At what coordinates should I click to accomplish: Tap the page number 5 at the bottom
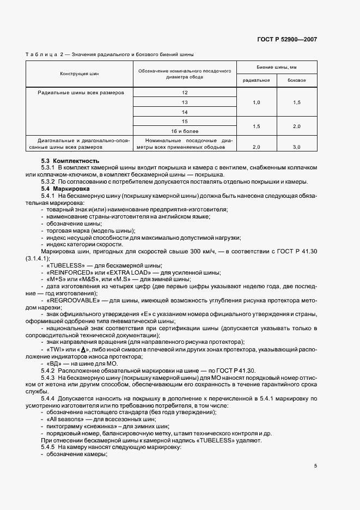pos(315,465)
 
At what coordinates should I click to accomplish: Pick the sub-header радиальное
pos(256,81)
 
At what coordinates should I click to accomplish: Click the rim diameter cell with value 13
pos(185,102)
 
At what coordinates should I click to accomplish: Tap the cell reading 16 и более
pos(185,131)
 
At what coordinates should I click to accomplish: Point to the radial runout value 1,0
pos(257,102)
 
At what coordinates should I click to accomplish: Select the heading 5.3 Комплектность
pos(70,161)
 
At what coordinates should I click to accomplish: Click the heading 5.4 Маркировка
pos(65,188)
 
